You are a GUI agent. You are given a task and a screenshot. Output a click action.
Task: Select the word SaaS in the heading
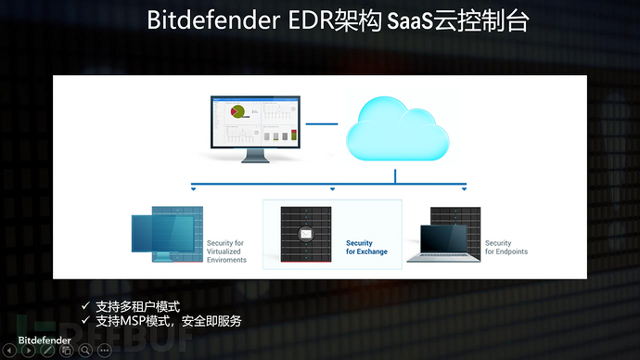(x=399, y=21)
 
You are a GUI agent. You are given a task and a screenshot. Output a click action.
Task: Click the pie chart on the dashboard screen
(x=237, y=111)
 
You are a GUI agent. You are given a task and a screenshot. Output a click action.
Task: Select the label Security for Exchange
(x=366, y=247)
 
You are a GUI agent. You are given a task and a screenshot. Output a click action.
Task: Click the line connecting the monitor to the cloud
(x=321, y=122)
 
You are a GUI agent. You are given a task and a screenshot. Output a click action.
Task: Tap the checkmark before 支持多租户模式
(x=85, y=304)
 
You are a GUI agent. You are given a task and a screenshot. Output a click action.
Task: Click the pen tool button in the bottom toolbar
(x=45, y=350)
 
